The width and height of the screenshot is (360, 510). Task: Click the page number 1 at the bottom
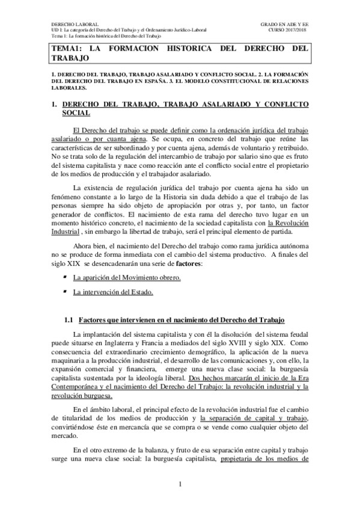pos(180,484)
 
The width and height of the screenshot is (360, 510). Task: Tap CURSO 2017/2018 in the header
pos(288,30)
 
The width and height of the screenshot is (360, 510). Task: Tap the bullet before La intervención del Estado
pos(65,292)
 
